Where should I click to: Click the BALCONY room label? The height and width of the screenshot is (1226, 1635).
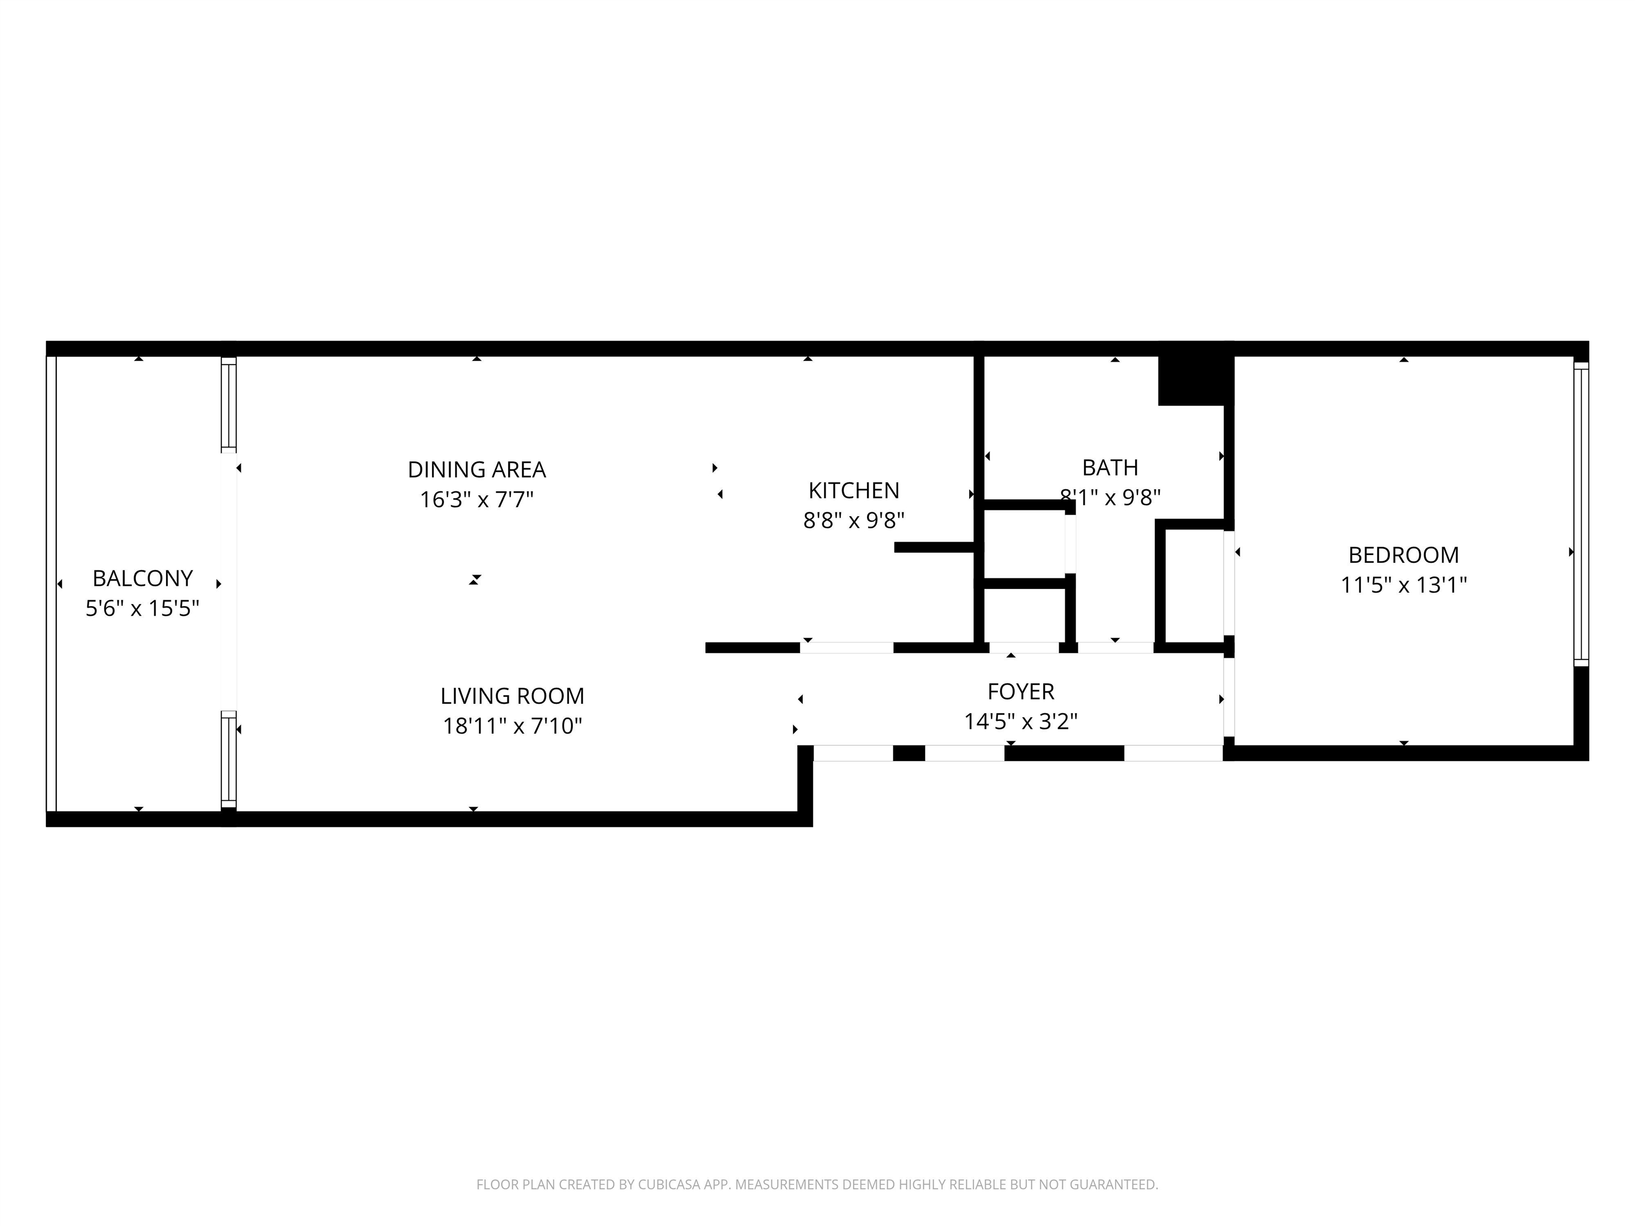(143, 578)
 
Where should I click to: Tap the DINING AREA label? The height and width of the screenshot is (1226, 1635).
(477, 469)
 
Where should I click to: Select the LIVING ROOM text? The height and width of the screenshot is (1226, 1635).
(512, 695)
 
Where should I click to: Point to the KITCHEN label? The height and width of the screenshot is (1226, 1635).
(854, 490)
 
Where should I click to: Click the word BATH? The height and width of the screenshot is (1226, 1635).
(1110, 467)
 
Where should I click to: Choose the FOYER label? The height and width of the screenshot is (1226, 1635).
(1021, 691)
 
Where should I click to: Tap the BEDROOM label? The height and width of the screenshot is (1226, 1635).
(1403, 554)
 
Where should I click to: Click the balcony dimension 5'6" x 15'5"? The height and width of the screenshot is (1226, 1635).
(143, 608)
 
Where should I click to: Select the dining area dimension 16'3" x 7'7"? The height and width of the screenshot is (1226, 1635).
(477, 500)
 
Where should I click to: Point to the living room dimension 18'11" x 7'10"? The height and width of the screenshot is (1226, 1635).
(512, 726)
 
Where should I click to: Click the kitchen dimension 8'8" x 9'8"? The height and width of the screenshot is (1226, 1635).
(854, 520)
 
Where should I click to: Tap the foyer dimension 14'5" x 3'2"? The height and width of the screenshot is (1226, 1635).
(1021, 720)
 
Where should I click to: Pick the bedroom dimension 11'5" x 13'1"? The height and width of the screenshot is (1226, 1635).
(1403, 585)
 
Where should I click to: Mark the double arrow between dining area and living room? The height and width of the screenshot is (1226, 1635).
(475, 579)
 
